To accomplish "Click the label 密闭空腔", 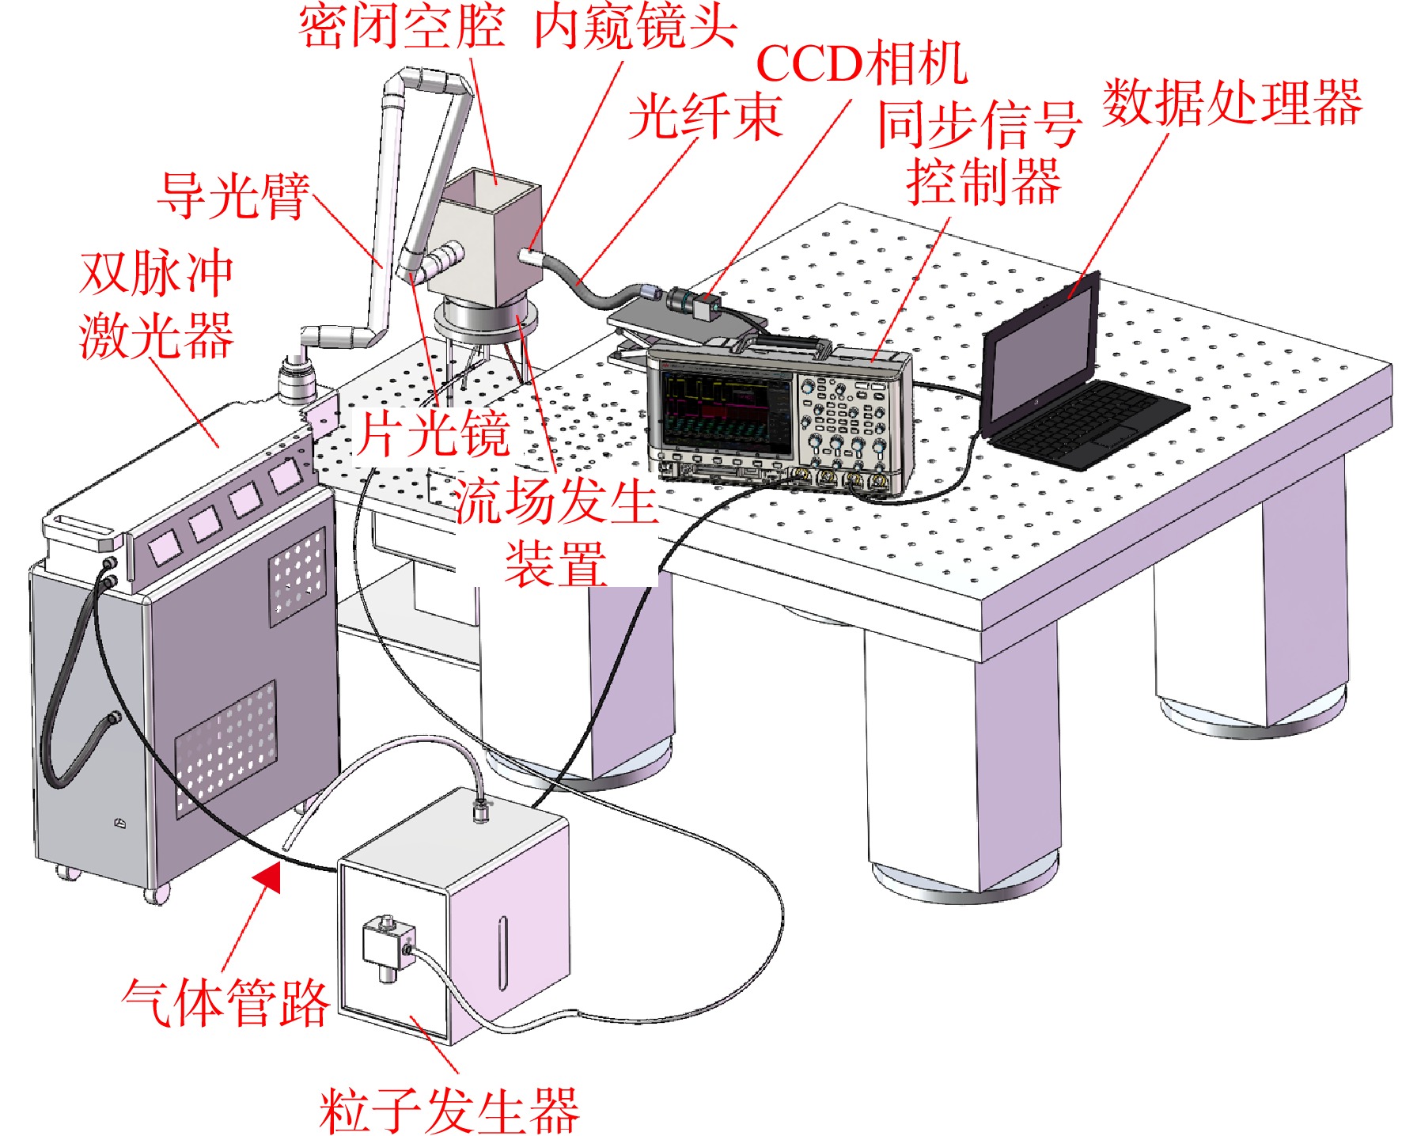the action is point(401,26).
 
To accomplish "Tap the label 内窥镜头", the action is point(635,26).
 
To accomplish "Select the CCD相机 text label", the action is point(862,63).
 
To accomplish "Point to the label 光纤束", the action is point(705,116).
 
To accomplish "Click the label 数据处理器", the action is point(1232,102).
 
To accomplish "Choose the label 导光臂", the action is point(233,195).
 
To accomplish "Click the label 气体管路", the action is point(225,1002).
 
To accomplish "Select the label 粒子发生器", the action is point(449,1111).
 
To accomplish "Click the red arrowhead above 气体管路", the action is point(267,877).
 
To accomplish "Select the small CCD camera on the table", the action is point(694,303).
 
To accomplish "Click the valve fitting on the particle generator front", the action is point(388,946).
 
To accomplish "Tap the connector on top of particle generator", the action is point(481,810).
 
